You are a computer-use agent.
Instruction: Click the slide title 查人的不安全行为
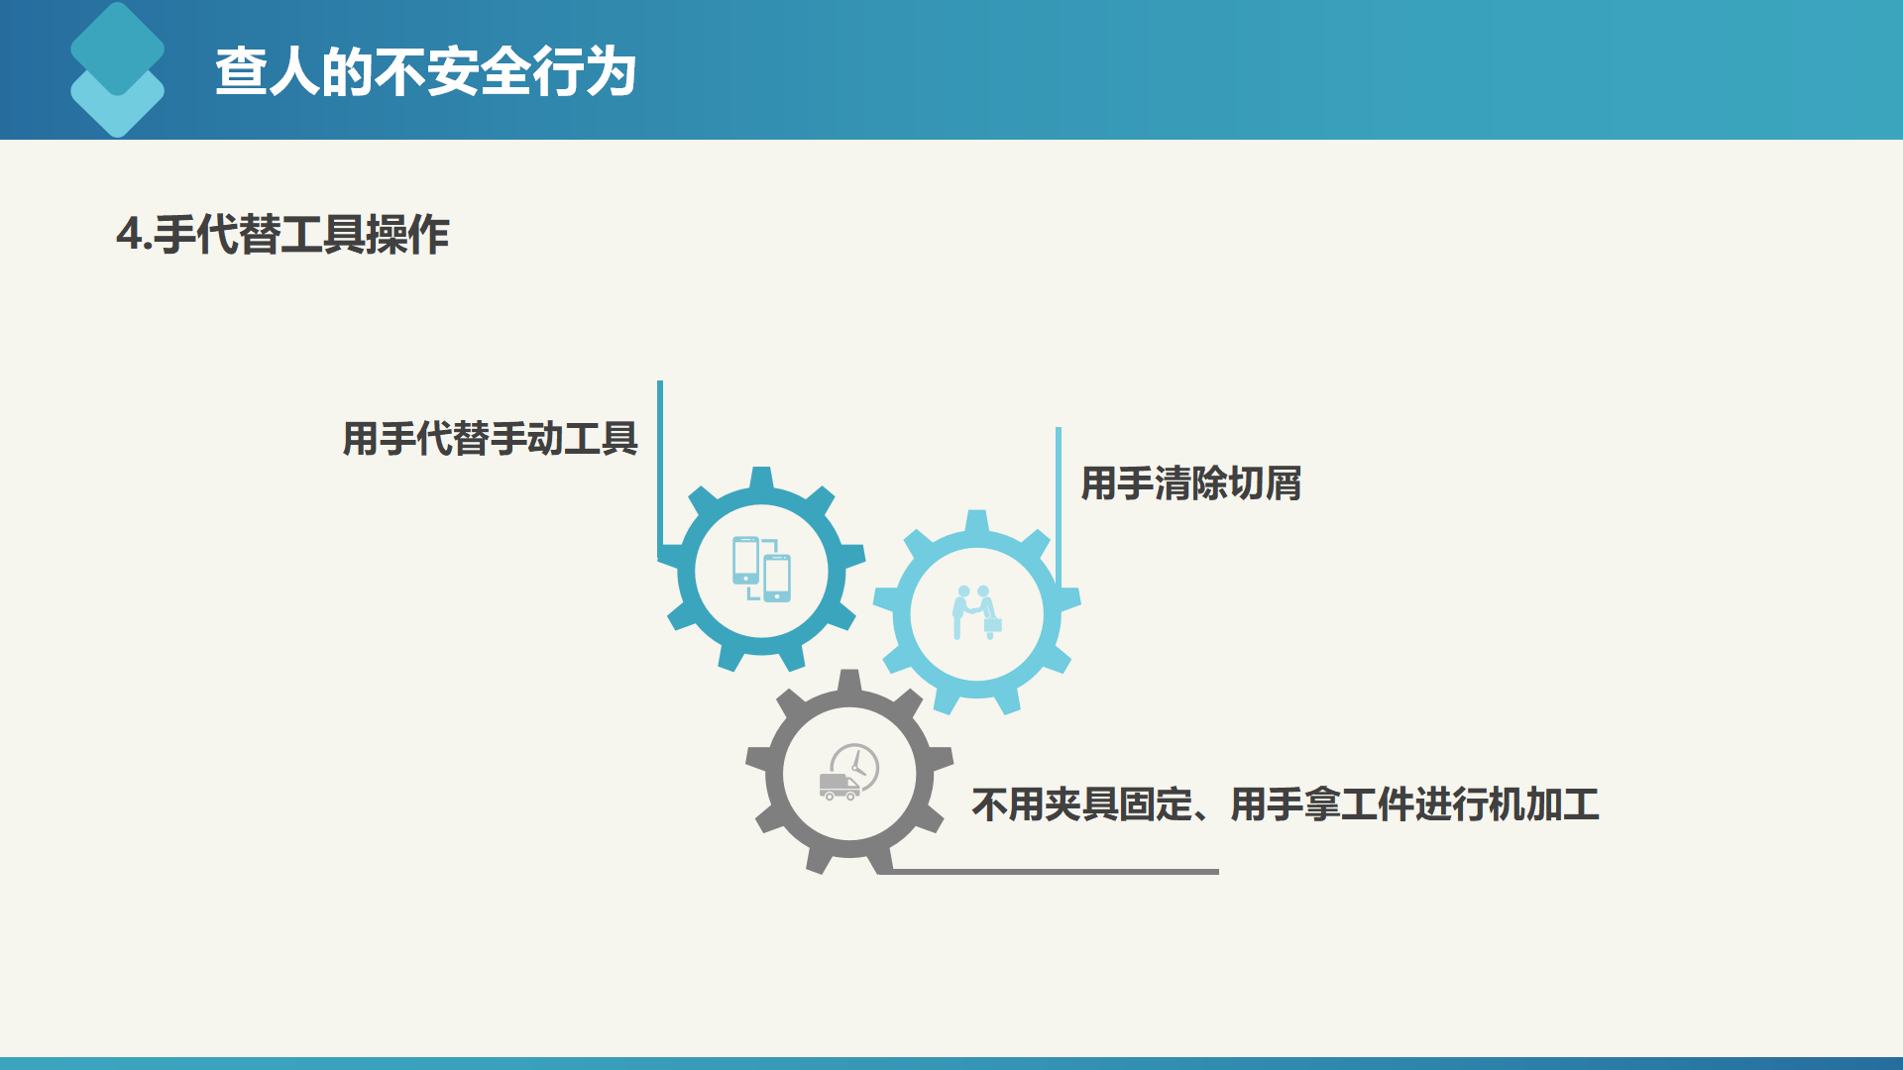(x=425, y=72)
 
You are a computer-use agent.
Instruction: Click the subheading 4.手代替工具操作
(x=282, y=235)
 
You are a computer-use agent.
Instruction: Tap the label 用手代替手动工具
(x=491, y=438)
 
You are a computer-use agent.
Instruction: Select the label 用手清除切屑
(x=1190, y=483)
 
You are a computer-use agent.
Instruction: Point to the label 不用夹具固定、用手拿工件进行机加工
(x=1286, y=804)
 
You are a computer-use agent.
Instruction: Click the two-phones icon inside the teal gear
(x=761, y=569)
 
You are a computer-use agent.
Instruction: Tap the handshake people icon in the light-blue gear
(x=977, y=612)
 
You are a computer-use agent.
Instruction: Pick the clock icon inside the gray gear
(x=855, y=766)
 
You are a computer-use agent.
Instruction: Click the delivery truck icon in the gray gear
(x=840, y=787)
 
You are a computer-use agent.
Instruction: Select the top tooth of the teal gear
(x=761, y=478)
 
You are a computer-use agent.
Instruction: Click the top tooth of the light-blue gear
(x=977, y=521)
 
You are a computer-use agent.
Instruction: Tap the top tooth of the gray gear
(x=849, y=681)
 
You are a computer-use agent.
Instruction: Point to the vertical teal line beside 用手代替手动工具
(x=660, y=471)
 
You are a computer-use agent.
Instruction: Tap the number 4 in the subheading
(x=129, y=235)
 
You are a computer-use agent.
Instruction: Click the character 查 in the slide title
(x=241, y=72)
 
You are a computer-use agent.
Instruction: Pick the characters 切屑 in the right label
(x=1265, y=483)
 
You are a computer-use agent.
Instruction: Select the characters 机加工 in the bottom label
(x=1544, y=804)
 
